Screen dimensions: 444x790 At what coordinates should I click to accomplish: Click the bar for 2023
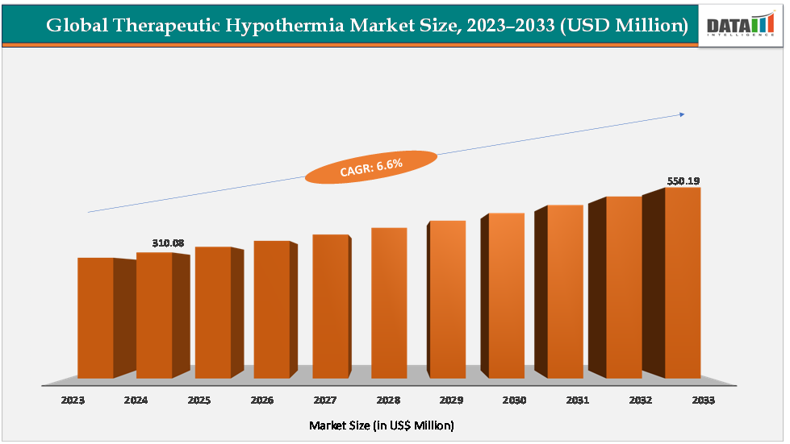(95, 317)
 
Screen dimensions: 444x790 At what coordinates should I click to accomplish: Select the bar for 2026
(271, 309)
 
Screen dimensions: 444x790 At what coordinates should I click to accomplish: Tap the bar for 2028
(389, 303)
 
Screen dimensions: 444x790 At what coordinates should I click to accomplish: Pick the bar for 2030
(506, 296)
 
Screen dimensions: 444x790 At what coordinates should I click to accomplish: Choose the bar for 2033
(683, 283)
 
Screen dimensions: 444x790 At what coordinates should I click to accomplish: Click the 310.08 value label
(168, 243)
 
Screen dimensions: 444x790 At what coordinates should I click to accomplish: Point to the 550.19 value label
(683, 181)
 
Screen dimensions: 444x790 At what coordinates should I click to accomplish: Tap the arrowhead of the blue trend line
(682, 114)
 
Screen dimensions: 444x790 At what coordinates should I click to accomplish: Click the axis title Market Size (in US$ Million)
(382, 425)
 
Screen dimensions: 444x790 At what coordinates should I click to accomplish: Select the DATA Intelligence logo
(740, 25)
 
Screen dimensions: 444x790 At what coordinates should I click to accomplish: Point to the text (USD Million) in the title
(623, 26)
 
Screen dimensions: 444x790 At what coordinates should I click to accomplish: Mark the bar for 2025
(213, 313)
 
